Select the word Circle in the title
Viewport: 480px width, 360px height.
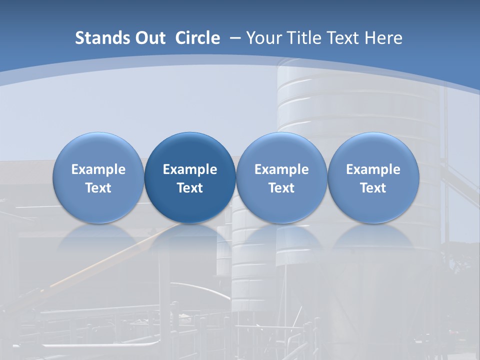click(197, 38)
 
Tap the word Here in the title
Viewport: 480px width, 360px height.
click(383, 38)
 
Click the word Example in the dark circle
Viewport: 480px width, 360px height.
click(190, 169)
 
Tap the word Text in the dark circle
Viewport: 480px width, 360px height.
click(190, 188)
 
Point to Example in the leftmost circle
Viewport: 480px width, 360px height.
click(98, 169)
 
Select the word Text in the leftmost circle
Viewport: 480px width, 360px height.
click(98, 188)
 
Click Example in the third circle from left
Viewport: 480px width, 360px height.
click(281, 169)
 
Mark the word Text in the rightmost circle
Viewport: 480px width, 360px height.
click(373, 188)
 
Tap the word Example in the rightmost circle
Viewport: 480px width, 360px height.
click(373, 169)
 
